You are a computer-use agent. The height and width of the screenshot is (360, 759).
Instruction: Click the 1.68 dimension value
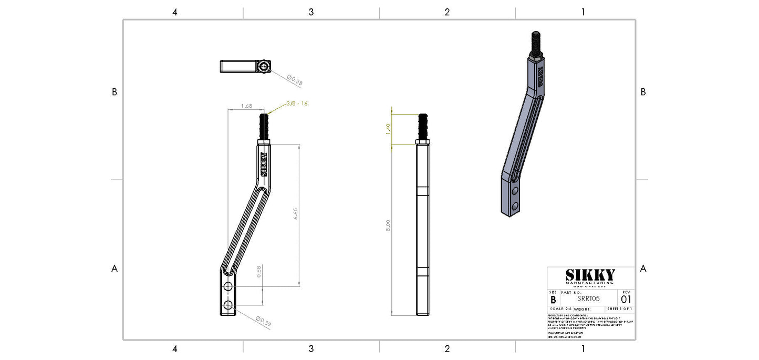coord(246,106)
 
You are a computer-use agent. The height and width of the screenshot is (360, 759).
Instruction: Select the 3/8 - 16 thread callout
coord(297,104)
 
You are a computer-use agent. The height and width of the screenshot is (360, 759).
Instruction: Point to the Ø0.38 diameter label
coord(295,80)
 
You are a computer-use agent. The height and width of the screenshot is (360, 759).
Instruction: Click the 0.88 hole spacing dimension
coord(258,271)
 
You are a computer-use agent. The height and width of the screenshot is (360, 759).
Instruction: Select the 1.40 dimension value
coord(388,128)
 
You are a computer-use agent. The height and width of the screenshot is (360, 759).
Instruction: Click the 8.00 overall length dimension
coord(388,226)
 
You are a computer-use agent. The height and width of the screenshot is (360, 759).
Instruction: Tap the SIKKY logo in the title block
coord(590,275)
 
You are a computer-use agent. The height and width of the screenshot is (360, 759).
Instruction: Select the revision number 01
coord(626,299)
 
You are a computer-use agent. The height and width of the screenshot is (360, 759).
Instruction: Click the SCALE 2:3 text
coord(561,309)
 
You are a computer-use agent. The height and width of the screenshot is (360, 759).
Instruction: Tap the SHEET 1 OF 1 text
coord(620,309)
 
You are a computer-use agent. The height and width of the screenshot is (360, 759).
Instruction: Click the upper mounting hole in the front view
coord(227,286)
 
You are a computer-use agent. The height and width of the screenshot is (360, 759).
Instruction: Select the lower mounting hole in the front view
coord(227,305)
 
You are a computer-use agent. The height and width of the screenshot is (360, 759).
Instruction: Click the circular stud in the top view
coord(264,66)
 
